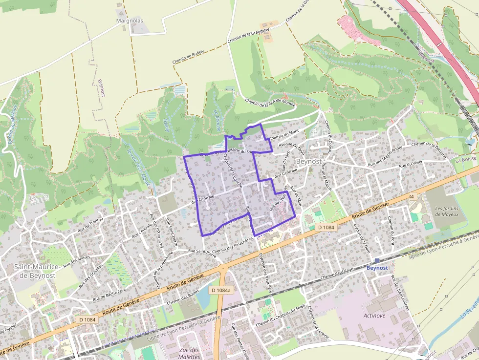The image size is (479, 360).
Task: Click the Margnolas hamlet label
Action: point(130,21)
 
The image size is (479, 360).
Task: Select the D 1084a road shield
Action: point(221,290)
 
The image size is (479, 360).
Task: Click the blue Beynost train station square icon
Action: point(377,261)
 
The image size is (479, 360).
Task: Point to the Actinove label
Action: point(374,316)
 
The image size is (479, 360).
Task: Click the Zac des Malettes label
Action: point(189,353)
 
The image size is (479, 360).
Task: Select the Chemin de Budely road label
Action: point(188,57)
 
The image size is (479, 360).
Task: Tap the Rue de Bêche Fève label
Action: point(109,293)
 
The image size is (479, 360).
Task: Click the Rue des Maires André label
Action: point(385,155)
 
